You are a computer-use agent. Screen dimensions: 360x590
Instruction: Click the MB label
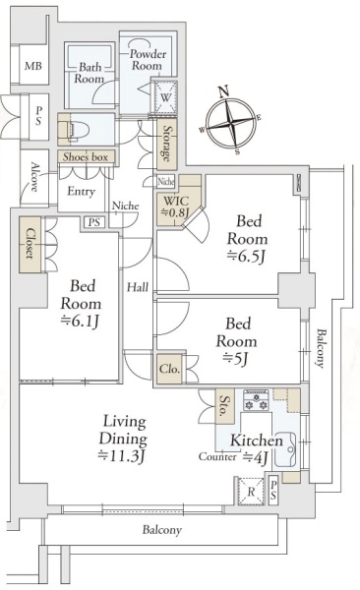[33, 66]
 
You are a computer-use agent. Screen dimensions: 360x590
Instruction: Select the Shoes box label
[86, 156]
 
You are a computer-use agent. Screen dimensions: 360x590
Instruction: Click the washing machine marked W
[165, 97]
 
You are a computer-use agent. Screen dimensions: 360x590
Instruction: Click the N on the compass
[224, 91]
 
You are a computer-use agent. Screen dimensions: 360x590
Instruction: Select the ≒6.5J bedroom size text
[248, 257]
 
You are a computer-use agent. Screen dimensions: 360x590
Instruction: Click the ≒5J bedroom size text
[236, 359]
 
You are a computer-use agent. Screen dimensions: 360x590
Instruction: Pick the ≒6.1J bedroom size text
[81, 321]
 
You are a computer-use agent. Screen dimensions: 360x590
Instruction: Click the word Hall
[137, 288]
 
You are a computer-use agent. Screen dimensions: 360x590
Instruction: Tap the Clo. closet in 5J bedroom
[169, 369]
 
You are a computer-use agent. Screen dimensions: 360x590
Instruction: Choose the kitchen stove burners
[256, 400]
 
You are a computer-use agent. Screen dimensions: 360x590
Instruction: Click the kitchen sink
[285, 449]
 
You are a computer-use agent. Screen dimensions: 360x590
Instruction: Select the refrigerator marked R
[251, 492]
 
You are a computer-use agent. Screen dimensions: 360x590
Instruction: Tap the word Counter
[217, 457]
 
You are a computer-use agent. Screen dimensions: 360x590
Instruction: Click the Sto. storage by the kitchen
[224, 405]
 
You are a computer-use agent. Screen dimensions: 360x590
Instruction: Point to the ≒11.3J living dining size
[122, 455]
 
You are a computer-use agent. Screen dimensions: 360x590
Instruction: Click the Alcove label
[34, 177]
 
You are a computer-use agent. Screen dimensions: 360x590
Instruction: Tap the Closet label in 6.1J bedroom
[30, 244]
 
